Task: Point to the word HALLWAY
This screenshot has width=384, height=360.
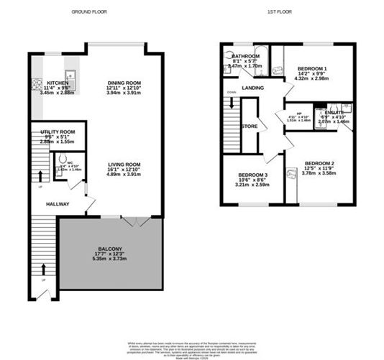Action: pyautogui.click(x=57, y=204)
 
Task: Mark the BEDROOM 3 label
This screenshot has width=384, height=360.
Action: pyautogui.click(x=252, y=175)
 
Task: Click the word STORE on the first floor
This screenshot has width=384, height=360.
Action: pyautogui.click(x=250, y=126)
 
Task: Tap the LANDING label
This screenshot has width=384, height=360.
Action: pyautogui.click(x=252, y=88)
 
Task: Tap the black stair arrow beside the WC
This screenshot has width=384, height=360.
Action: pyautogui.click(x=40, y=175)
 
